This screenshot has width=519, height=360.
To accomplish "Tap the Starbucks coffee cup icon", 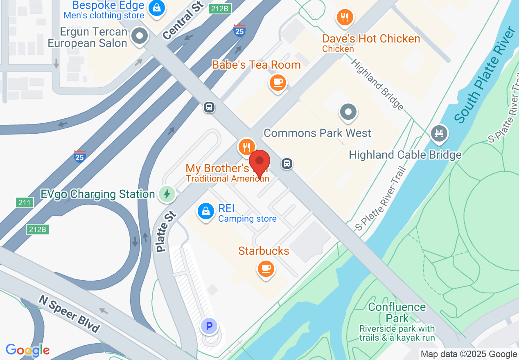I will (266, 268).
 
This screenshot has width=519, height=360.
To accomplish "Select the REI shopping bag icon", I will (206, 211).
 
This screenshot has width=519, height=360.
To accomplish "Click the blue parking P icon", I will (209, 326).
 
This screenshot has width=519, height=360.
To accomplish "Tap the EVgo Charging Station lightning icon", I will (167, 194).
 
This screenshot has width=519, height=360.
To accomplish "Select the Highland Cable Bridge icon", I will (439, 133).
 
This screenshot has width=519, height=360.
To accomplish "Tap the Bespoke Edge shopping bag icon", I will (156, 7).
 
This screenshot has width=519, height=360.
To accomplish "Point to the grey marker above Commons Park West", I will (348, 111).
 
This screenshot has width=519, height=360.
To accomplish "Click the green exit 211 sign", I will (24, 202).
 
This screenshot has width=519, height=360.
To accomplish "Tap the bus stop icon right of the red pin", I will (287, 164).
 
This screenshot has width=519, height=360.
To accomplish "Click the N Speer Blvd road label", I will (69, 314).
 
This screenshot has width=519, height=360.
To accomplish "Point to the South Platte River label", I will (485, 74).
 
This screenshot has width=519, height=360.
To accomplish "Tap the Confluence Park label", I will (397, 312).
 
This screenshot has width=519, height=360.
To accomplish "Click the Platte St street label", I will (166, 231).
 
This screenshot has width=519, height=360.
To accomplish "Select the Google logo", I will (27, 350).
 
